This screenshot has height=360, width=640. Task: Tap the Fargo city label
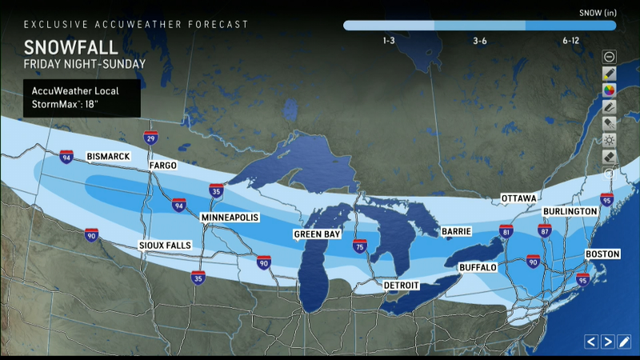(162, 166)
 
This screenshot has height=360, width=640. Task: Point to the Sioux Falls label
(165, 244)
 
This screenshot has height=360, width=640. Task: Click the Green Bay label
(317, 234)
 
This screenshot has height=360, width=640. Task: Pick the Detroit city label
(402, 285)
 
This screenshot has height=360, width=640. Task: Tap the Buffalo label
(478, 266)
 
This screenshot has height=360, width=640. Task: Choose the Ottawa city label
(518, 198)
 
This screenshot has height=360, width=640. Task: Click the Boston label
(602, 254)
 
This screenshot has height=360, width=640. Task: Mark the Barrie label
(451, 231)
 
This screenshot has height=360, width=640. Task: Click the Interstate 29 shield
(150, 138)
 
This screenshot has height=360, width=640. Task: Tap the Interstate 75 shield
(360, 248)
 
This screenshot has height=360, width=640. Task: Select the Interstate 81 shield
(506, 231)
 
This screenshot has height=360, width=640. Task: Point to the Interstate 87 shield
(545, 231)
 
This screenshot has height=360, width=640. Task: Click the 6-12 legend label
(570, 40)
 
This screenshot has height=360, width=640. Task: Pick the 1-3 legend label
(389, 40)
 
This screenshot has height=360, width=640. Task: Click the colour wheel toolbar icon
(609, 90)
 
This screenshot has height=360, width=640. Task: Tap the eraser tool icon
(609, 157)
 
